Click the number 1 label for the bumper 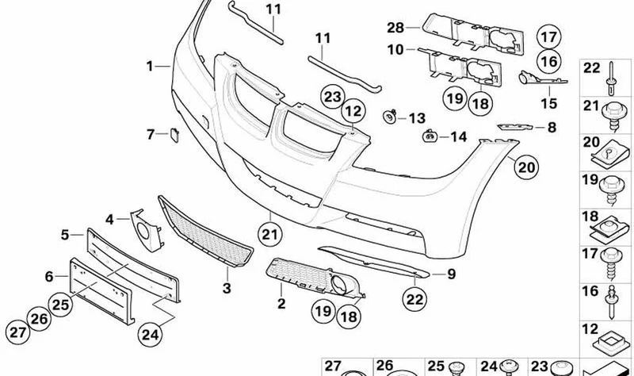150,66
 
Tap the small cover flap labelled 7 175,135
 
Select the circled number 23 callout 333,97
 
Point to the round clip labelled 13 390,117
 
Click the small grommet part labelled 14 430,136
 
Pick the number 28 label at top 395,28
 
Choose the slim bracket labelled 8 514,127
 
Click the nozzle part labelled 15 541,79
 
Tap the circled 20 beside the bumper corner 526,167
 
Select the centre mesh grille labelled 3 205,232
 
